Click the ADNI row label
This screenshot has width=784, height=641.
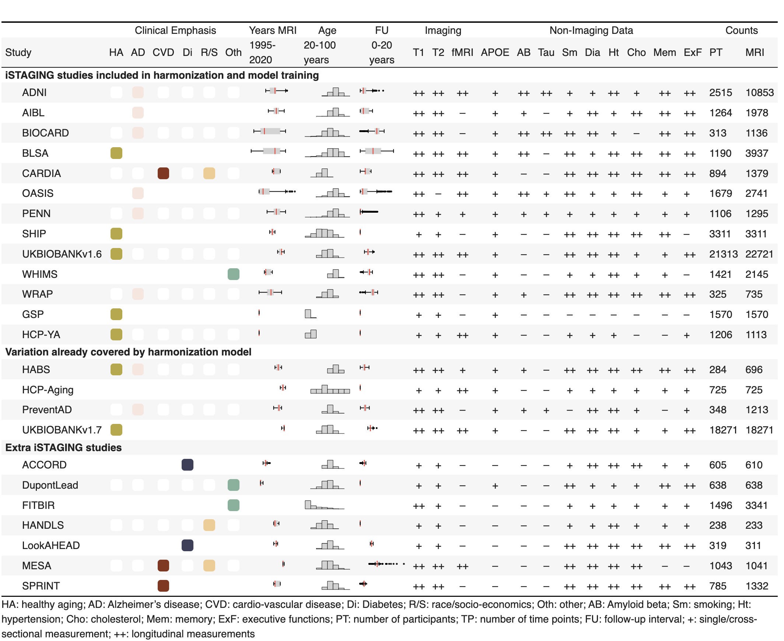pos(34,92)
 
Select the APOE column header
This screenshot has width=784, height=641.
pos(494,52)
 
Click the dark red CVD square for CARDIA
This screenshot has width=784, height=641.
pos(163,173)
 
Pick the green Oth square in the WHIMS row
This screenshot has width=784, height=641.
pos(233,274)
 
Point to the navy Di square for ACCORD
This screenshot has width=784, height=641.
pos(188,464)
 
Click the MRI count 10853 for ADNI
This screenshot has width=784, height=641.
pos(759,92)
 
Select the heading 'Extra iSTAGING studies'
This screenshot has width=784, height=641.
pos(63,447)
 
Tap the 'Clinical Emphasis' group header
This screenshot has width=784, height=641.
pos(175,30)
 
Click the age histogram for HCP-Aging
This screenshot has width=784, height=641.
pos(330,389)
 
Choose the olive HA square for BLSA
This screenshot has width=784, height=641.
pos(116,153)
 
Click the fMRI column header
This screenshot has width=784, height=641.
pos(462,52)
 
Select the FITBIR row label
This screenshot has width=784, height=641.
pos(38,505)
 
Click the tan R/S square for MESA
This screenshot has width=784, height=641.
pos(209,565)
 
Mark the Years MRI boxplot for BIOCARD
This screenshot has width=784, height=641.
pos(270,131)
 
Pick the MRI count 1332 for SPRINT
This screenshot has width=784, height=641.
pos(756,585)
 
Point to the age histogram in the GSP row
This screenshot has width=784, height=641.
pos(310,314)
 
